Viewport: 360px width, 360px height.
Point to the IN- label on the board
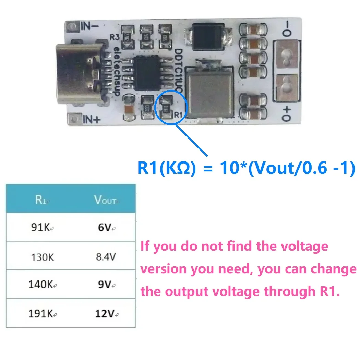(x=90, y=26)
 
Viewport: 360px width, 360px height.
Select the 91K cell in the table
(x=41, y=227)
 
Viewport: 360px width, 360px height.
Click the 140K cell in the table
(x=41, y=284)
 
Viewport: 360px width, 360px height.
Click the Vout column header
(x=105, y=200)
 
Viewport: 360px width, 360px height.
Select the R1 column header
(x=40, y=200)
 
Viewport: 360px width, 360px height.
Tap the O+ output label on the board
(x=287, y=113)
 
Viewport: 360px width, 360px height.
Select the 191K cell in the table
(x=41, y=313)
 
